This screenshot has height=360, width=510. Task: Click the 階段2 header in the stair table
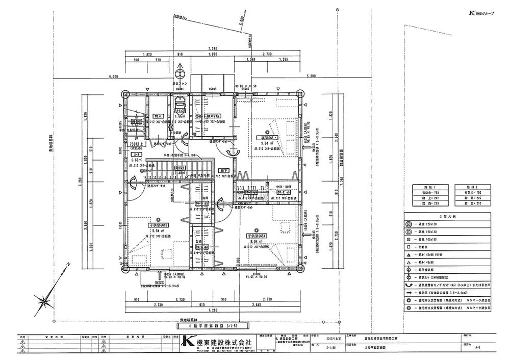pyautogui.click(x=472, y=188)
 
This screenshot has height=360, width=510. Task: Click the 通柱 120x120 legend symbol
pyautogui.click(x=409, y=224)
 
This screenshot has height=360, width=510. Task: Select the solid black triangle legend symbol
pyautogui.click(x=409, y=253)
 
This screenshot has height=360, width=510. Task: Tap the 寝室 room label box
pyautogui.click(x=268, y=138)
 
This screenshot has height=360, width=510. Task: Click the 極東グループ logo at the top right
pyautogui.click(x=484, y=13)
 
